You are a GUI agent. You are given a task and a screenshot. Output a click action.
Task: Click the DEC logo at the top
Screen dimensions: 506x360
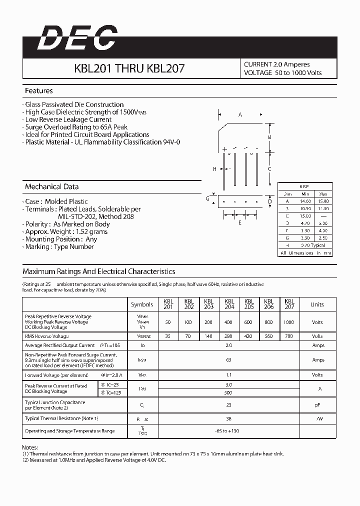(x=77, y=38)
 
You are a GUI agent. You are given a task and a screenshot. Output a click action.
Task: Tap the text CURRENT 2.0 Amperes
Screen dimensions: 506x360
(x=276, y=64)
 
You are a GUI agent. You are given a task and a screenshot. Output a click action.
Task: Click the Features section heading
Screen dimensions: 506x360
(x=39, y=91)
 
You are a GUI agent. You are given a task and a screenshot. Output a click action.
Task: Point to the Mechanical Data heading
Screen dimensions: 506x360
(x=51, y=186)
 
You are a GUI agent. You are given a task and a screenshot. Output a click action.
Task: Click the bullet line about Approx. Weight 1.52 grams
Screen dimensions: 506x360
(x=67, y=231)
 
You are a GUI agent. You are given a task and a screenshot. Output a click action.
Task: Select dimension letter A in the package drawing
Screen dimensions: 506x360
(x=240, y=115)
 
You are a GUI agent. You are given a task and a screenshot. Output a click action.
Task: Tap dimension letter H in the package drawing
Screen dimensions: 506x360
(x=214, y=169)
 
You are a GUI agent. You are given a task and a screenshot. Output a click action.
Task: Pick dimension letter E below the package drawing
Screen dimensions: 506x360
(x=240, y=223)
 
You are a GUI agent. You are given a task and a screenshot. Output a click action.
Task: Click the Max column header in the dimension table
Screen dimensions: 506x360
(x=323, y=193)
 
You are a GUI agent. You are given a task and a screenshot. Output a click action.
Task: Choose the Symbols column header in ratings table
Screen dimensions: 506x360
(x=142, y=304)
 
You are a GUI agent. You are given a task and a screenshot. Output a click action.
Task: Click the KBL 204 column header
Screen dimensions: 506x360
(x=229, y=304)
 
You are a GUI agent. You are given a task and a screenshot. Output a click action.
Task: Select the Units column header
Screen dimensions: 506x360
(x=317, y=304)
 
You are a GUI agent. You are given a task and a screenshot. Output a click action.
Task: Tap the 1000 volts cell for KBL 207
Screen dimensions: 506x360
(x=288, y=322)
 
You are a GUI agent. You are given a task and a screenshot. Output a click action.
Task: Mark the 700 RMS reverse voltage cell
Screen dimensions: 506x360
(x=288, y=336)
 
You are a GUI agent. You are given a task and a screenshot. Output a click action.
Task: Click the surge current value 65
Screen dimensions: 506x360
(x=229, y=360)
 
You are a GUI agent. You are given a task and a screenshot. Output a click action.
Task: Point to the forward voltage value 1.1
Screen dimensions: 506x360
(x=229, y=374)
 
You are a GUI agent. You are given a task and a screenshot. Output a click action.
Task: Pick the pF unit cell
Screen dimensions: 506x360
(x=317, y=404)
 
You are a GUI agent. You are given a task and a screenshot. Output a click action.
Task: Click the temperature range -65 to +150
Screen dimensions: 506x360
(x=229, y=431)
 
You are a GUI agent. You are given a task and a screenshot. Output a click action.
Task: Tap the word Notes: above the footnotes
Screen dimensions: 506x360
(x=30, y=447)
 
